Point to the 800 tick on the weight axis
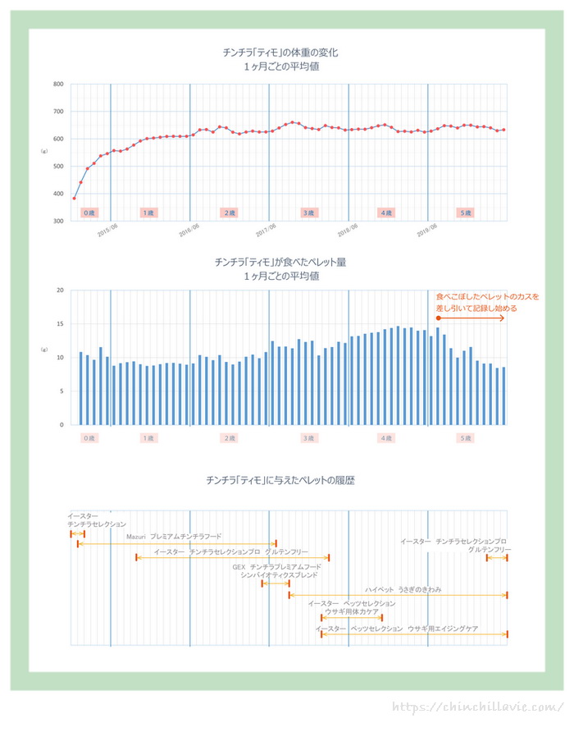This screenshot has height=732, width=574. [x=59, y=85]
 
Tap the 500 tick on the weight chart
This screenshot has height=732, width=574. [x=59, y=167]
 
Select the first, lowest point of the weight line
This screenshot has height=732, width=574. [x=74, y=198]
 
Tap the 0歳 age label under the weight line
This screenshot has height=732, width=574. [x=89, y=213]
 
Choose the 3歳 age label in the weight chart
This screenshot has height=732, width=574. [x=308, y=213]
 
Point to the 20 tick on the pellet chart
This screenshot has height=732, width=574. [x=61, y=291]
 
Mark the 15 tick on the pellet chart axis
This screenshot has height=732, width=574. [x=61, y=324]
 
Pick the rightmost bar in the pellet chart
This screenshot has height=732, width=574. [x=503, y=396]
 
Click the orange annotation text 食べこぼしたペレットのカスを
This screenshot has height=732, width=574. [x=487, y=296]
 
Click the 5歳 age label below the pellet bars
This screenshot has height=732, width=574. [x=465, y=437]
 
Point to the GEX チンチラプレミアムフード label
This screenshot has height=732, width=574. [x=276, y=566]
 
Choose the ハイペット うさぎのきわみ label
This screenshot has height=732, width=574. [x=403, y=589]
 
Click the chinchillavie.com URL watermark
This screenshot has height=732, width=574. [x=478, y=707]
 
